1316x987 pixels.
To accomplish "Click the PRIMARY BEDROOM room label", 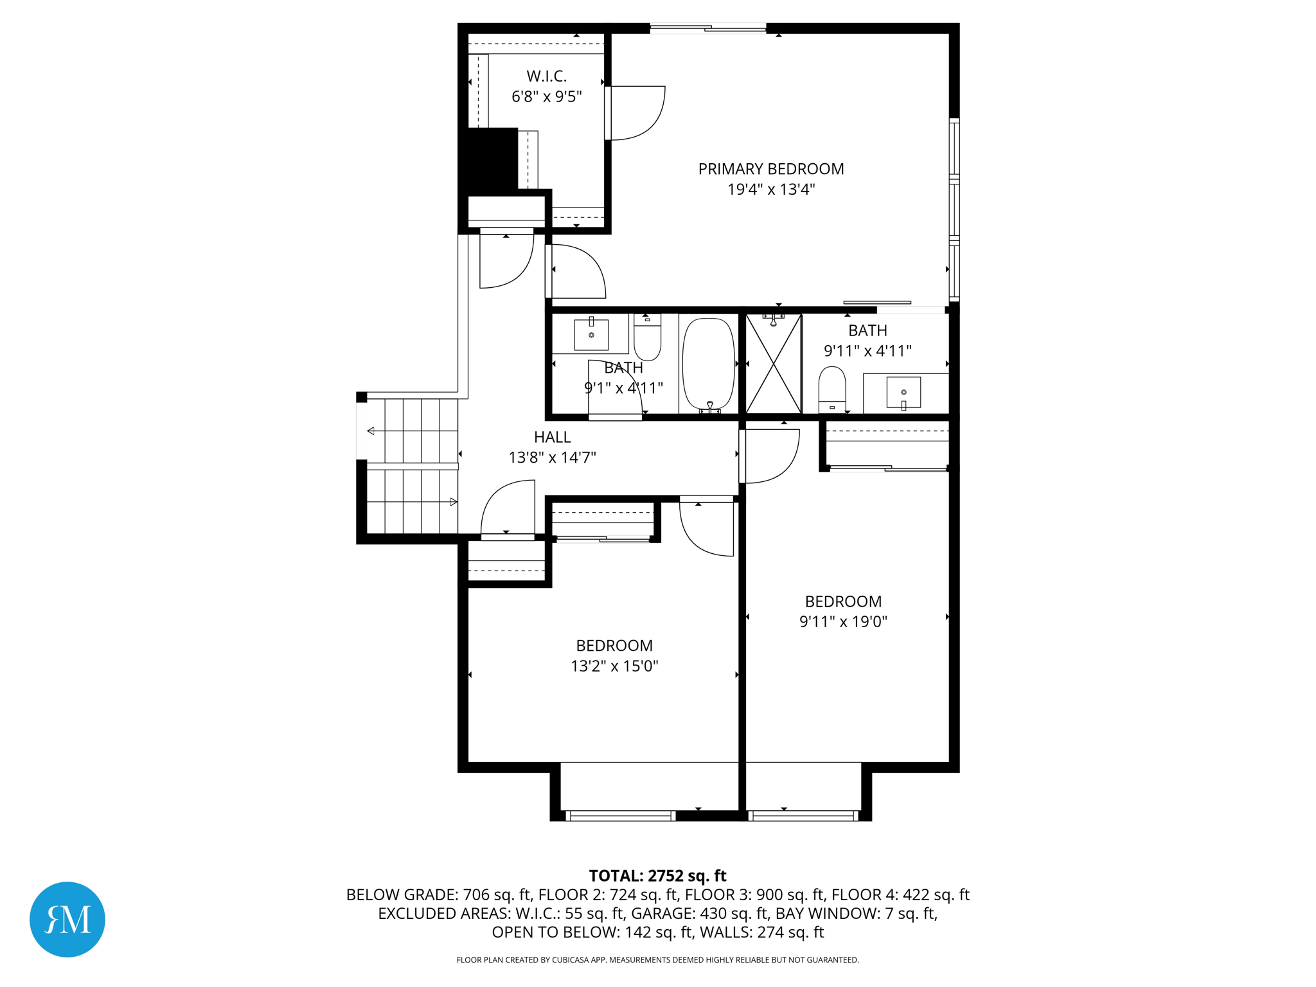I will click(770, 169).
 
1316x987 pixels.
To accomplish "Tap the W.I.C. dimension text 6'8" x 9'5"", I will click(546, 96).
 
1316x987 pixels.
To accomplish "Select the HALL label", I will click(552, 437).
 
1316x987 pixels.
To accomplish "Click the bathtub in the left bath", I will click(708, 364).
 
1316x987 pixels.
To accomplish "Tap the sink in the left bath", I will click(591, 334).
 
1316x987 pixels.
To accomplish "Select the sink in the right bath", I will click(903, 392).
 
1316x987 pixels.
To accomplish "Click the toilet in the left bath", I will click(647, 337).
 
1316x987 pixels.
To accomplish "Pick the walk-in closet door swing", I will click(636, 113).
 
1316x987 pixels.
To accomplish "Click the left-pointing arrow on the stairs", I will click(371, 431).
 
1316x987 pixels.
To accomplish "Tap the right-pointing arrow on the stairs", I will click(454, 502).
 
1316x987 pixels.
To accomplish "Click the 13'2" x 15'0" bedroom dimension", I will click(614, 666).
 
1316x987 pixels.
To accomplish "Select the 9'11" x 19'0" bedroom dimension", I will click(843, 621).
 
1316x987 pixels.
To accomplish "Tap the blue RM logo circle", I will click(67, 919).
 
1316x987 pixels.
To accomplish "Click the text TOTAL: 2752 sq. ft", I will click(657, 876).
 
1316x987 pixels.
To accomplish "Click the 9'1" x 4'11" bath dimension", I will click(623, 388).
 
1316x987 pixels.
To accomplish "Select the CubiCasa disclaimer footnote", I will click(657, 960).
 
